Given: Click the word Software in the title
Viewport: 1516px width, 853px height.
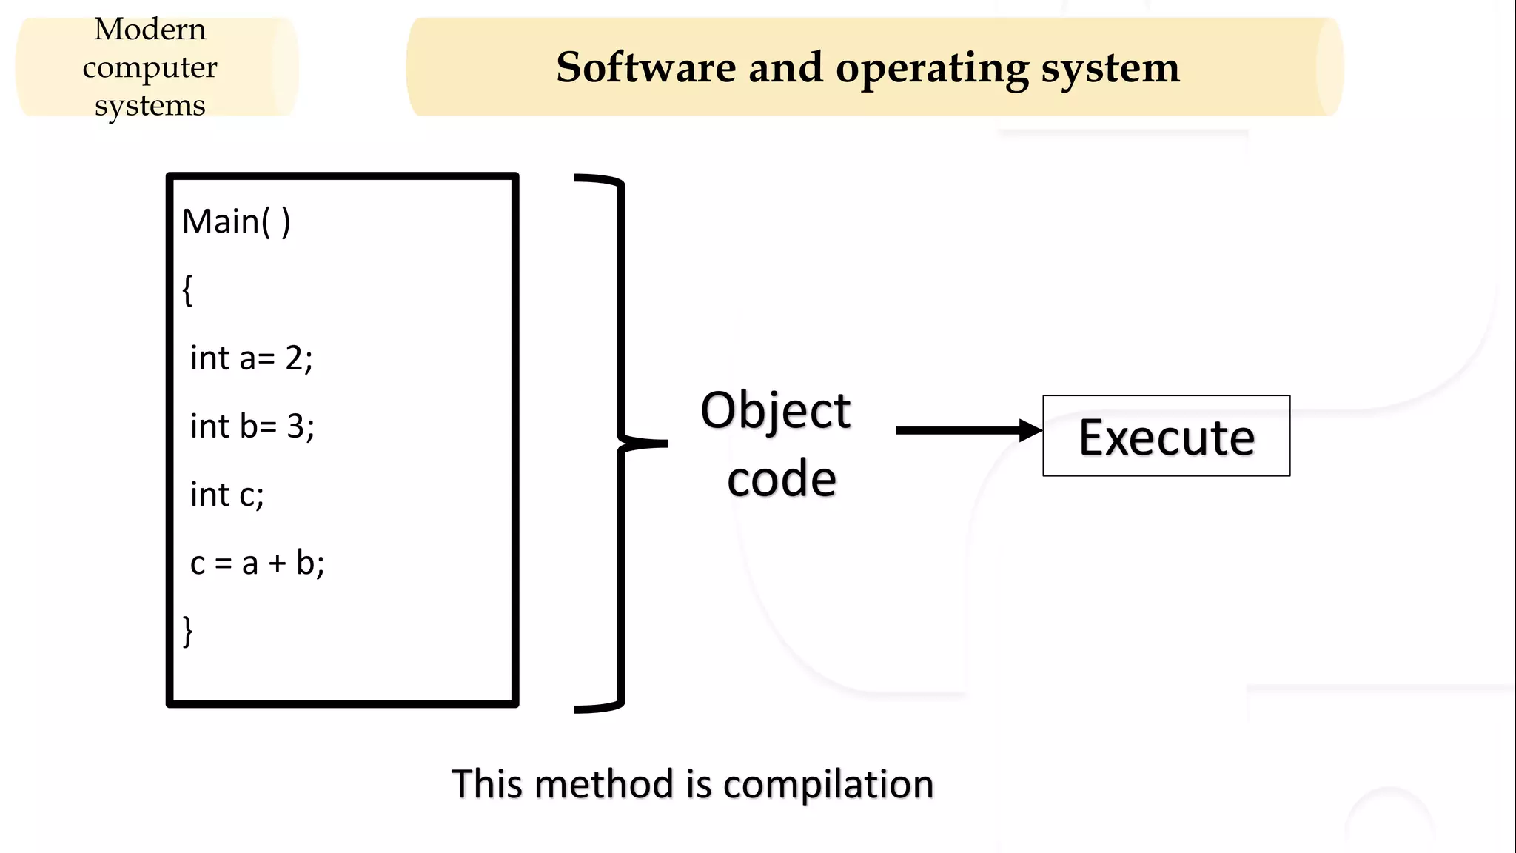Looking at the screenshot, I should point(645,67).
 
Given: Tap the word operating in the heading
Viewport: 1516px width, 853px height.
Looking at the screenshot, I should point(932,69).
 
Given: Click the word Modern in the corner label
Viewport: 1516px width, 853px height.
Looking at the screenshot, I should point(150,30).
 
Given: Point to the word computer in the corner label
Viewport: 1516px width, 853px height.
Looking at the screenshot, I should point(150,68).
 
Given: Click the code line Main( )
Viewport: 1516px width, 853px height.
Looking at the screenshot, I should point(236,221).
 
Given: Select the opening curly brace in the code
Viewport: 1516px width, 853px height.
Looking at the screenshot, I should point(187,290).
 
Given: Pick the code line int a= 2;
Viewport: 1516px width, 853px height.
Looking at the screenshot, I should point(252,358).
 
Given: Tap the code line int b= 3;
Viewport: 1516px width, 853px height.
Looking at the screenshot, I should point(252,426).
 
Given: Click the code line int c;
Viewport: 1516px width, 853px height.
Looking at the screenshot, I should point(227,495).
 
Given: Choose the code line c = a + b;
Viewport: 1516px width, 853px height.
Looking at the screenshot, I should point(257,563).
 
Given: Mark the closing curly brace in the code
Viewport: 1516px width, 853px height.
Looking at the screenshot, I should point(188,632).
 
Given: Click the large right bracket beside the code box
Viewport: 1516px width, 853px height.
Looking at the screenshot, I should point(620,443).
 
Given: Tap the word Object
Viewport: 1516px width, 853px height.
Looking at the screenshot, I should point(775,411).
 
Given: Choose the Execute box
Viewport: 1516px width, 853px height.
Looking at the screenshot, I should point(1166,436).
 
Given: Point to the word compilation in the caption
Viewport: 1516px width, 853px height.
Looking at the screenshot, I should point(828,785).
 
